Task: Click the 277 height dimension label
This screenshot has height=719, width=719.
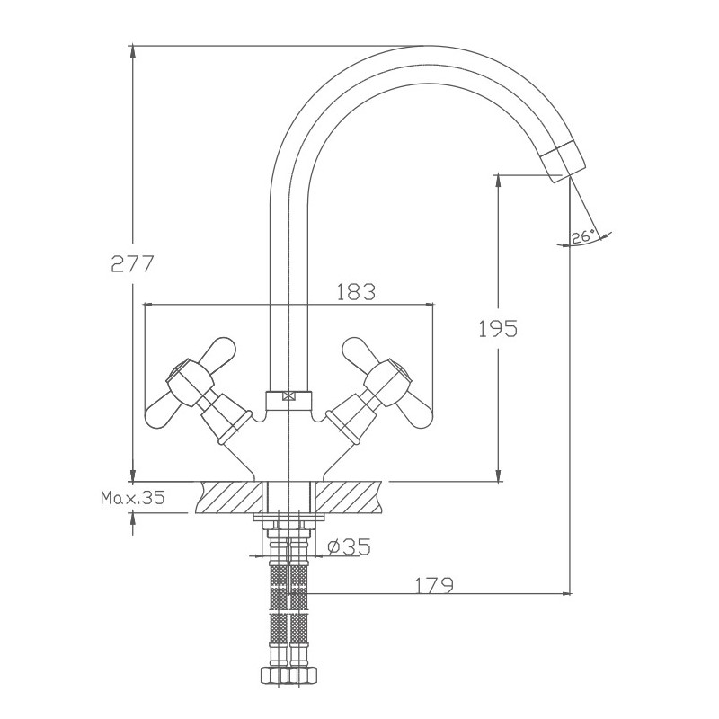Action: click(x=132, y=263)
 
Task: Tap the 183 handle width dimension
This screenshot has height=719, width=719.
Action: click(x=356, y=291)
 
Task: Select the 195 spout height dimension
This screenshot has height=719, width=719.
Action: click(x=498, y=328)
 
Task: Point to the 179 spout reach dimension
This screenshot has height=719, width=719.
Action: click(x=434, y=585)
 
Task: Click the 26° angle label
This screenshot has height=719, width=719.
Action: click(x=582, y=237)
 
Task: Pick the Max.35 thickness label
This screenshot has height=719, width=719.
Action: click(x=132, y=497)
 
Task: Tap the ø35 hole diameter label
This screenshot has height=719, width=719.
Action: click(x=349, y=546)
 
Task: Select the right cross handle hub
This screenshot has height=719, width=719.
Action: click(x=388, y=384)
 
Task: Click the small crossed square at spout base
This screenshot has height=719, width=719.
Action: click(x=288, y=396)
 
